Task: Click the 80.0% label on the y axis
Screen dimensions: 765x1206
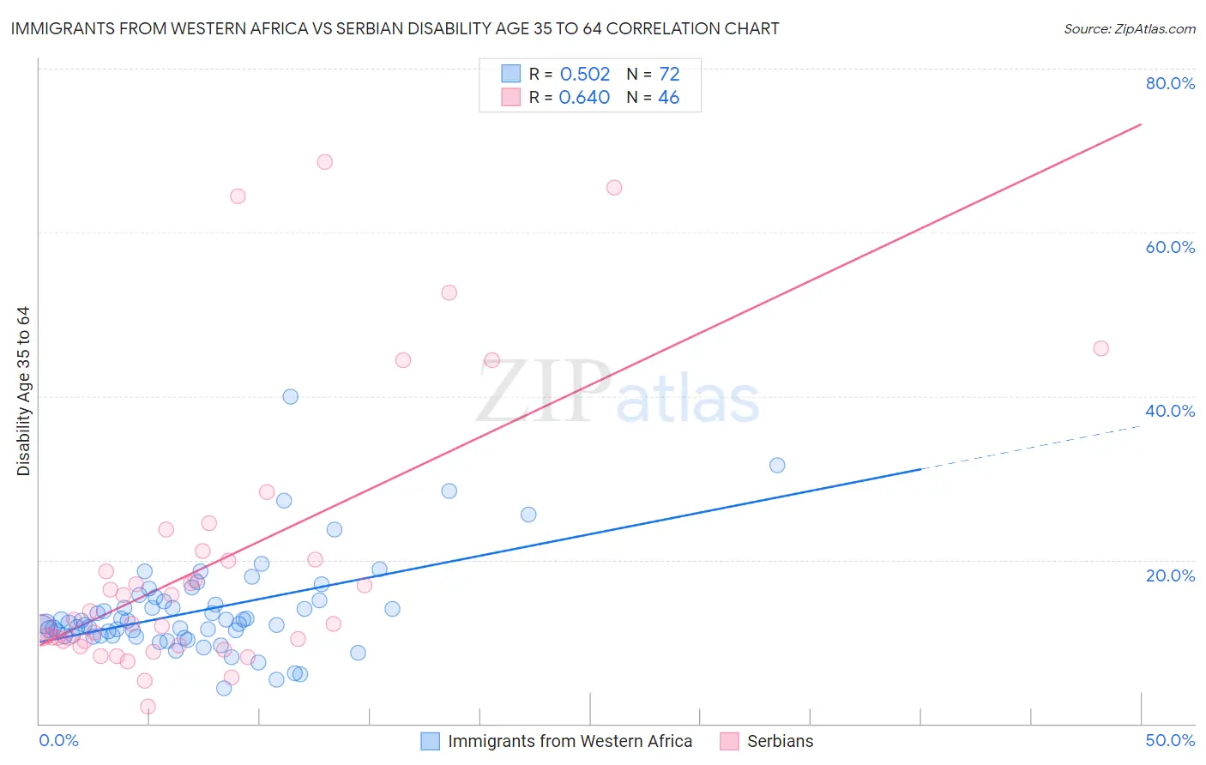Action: click(x=1170, y=83)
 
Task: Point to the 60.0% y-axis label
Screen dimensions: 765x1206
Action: click(x=1170, y=247)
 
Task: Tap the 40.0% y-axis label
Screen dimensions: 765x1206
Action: click(x=1170, y=411)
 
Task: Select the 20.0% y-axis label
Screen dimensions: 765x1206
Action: click(x=1170, y=575)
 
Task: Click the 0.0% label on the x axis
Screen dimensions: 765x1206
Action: click(x=58, y=740)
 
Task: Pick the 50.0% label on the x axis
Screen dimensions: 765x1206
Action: click(x=1170, y=740)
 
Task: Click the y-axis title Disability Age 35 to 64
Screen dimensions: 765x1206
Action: click(x=23, y=391)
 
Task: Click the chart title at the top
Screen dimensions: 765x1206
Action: click(x=395, y=28)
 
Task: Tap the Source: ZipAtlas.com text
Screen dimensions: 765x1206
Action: click(x=1129, y=28)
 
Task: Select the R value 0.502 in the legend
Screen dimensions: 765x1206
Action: click(x=585, y=74)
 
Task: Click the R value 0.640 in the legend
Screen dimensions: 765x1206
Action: click(x=585, y=98)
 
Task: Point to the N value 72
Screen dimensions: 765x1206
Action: click(x=669, y=74)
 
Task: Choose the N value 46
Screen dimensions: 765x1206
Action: click(x=669, y=98)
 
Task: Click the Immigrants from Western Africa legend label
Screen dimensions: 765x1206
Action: click(x=570, y=741)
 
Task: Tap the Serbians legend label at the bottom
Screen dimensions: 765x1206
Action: click(x=780, y=741)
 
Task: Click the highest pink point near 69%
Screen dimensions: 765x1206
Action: click(x=324, y=162)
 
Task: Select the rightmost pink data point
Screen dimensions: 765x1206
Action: click(x=1100, y=348)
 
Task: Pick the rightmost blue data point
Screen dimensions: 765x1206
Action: click(x=777, y=465)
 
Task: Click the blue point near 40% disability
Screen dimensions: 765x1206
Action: click(x=291, y=396)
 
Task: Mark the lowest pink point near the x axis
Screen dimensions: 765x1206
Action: click(x=148, y=707)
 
